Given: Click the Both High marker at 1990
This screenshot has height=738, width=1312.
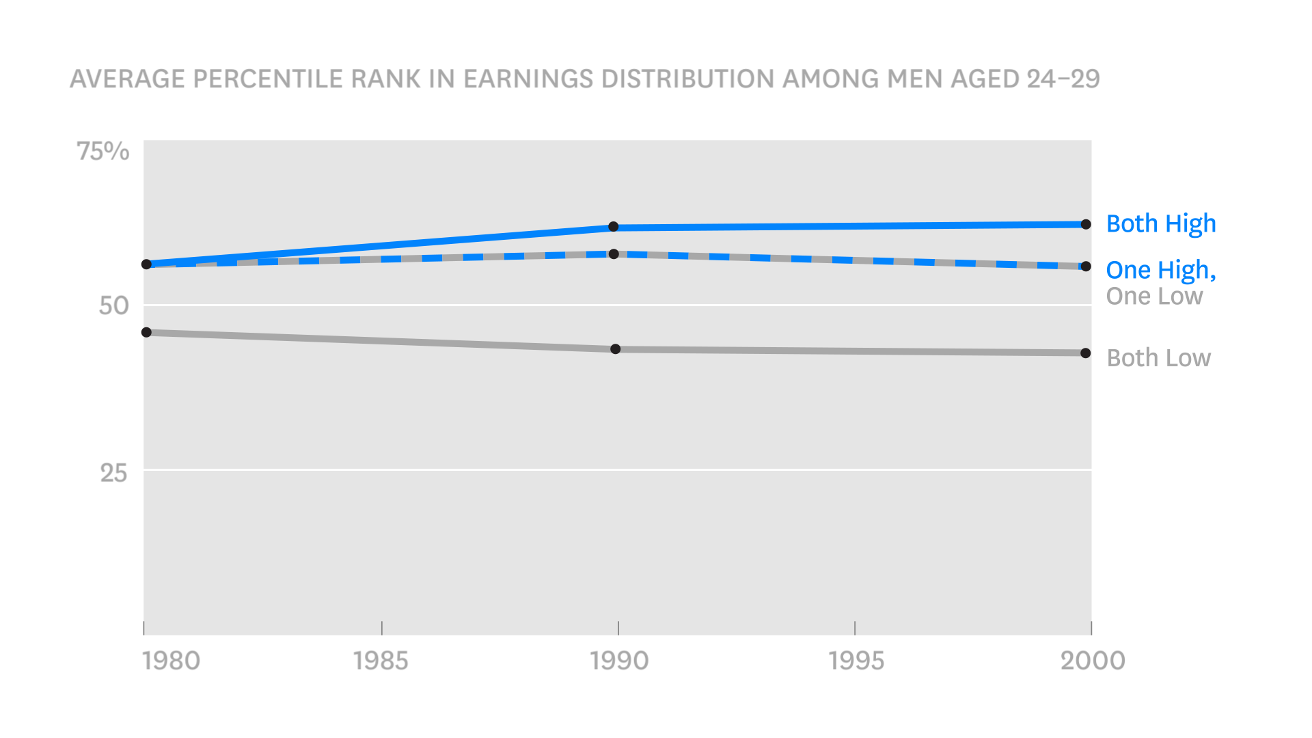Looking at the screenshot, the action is click(x=614, y=227).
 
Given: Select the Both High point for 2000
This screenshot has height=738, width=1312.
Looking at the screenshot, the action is click(x=1086, y=224).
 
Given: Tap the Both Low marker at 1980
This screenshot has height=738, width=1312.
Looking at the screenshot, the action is click(x=146, y=332).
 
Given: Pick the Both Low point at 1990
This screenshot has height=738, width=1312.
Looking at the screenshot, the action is click(x=616, y=349).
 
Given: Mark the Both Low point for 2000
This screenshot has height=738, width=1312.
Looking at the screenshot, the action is click(x=1086, y=353).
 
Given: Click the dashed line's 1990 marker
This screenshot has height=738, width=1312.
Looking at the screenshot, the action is click(x=614, y=254).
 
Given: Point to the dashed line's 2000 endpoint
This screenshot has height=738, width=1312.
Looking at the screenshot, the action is click(x=1086, y=266).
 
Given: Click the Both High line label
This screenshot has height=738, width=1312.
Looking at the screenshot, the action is click(x=1161, y=224).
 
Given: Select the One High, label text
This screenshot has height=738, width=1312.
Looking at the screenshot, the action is click(x=1161, y=271).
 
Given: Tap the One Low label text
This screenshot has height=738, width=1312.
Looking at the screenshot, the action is click(x=1154, y=297).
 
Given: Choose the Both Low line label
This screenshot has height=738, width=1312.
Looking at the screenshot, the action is click(x=1158, y=358).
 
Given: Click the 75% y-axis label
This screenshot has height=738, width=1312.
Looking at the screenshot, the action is click(x=102, y=151).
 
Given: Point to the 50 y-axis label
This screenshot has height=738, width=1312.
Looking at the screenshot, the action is click(x=113, y=305).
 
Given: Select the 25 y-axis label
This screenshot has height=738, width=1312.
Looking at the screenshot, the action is click(x=113, y=473).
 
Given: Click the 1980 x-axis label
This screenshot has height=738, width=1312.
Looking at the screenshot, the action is click(x=171, y=661).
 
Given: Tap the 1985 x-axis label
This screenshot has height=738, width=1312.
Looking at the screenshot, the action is click(x=381, y=661).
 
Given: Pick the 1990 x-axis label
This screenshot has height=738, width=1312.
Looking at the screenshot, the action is click(x=619, y=661).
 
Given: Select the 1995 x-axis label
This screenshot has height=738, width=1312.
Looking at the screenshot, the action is click(x=856, y=661).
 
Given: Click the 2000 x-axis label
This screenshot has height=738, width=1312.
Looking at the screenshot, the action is click(x=1093, y=661).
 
